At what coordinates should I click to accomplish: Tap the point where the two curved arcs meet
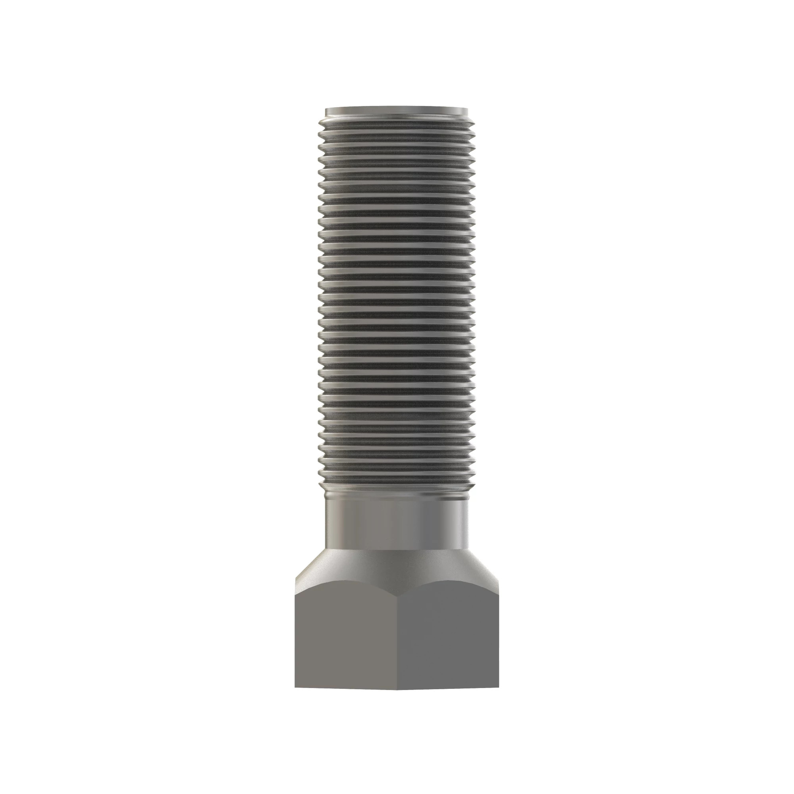[397, 596]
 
